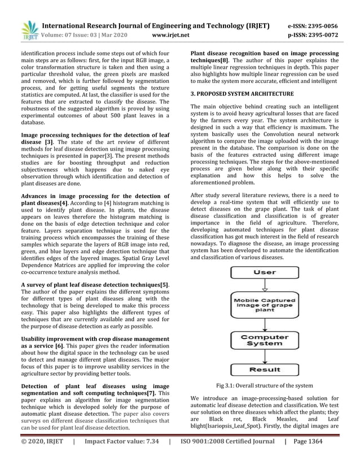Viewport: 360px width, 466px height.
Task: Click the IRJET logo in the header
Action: pyautogui.click(x=28, y=30)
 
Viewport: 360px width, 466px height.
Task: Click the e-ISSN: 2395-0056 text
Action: pyautogui.click(x=313, y=26)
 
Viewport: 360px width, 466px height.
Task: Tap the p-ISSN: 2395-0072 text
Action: pyautogui.click(x=313, y=35)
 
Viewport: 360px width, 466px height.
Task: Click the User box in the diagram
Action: pyautogui.click(x=265, y=272)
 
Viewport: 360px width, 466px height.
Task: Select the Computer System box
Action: pyautogui.click(x=265, y=341)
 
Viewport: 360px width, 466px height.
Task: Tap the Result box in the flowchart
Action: pyautogui.click(x=265, y=370)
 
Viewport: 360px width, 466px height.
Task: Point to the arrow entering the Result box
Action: pyautogui.click(x=265, y=358)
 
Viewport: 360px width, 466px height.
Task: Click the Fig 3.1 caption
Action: pyautogui.click(x=265, y=385)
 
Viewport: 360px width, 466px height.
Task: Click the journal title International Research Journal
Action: pyautogui.click(x=156, y=26)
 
